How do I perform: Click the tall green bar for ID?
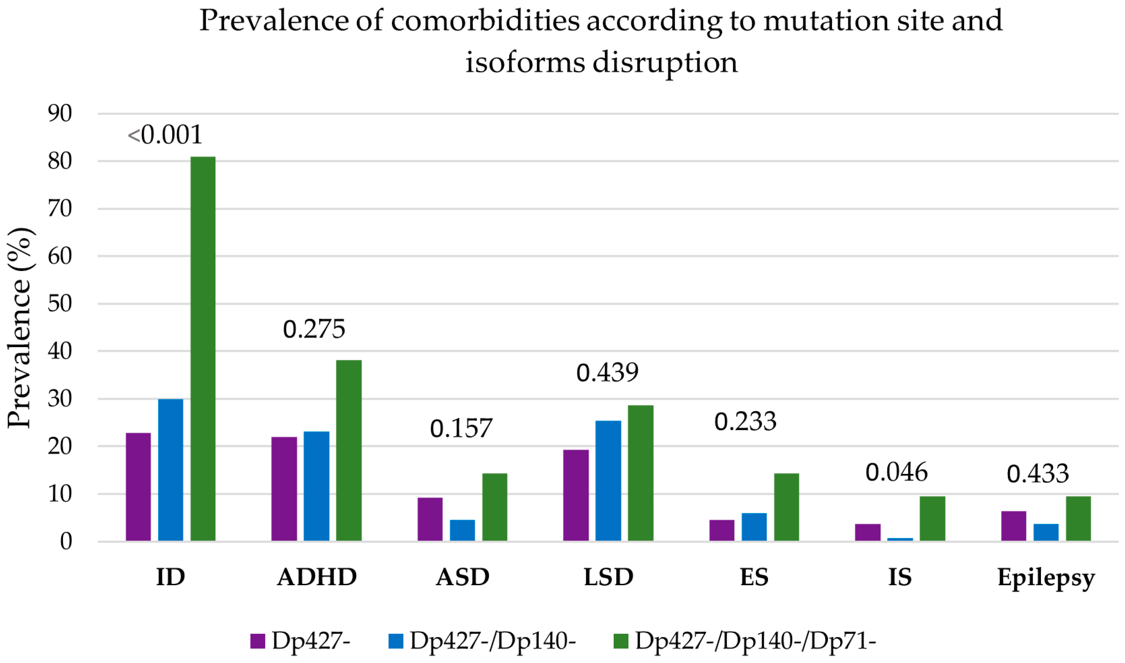(203, 349)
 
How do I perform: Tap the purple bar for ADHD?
(284, 489)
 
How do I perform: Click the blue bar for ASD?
(462, 530)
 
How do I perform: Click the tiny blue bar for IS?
(900, 539)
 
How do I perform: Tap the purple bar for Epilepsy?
(1013, 526)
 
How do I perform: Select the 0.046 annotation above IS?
(896, 472)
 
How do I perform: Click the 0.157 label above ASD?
(461, 428)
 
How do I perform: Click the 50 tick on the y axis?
(60, 304)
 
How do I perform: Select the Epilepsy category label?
(1046, 577)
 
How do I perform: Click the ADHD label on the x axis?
(316, 577)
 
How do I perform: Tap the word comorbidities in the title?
(485, 21)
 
